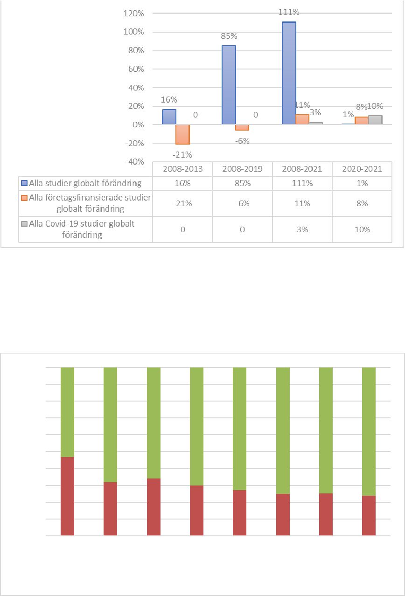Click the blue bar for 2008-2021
click(288, 73)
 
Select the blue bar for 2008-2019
click(229, 85)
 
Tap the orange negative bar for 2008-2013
click(182, 134)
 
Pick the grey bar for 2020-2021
click(375, 120)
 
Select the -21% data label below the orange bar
click(182, 154)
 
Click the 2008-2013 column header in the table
click(182, 169)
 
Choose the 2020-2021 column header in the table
click(362, 169)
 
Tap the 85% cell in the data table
click(243, 183)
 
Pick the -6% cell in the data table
click(243, 203)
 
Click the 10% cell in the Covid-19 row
click(362, 229)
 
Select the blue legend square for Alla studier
click(24, 183)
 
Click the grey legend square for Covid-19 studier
click(24, 224)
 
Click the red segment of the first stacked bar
click(68, 496)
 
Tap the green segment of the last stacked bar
click(369, 431)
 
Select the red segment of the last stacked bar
click(369, 515)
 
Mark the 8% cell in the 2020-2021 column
click(362, 203)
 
